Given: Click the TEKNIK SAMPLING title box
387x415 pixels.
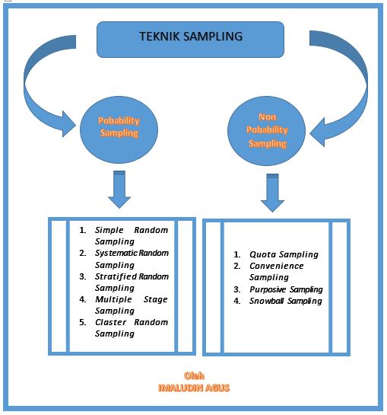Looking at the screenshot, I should pyautogui.click(x=190, y=39).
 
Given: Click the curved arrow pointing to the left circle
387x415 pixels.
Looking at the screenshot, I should pyautogui.click(x=46, y=84).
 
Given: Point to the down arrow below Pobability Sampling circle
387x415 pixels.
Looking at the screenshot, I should pyautogui.click(x=119, y=190).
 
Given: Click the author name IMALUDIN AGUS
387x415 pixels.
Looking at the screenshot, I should pyautogui.click(x=193, y=388).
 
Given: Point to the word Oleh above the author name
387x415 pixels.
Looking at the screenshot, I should pyautogui.click(x=194, y=376).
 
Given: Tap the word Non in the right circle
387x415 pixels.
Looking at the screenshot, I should pyautogui.click(x=271, y=118).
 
